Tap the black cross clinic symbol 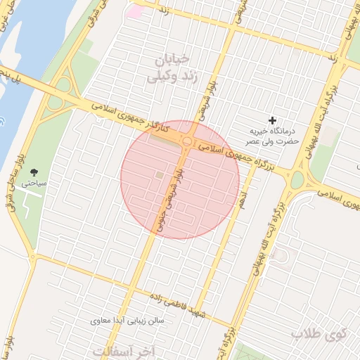pos(273,121)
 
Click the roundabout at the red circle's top pos(188,142)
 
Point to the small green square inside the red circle pos(159,174)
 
